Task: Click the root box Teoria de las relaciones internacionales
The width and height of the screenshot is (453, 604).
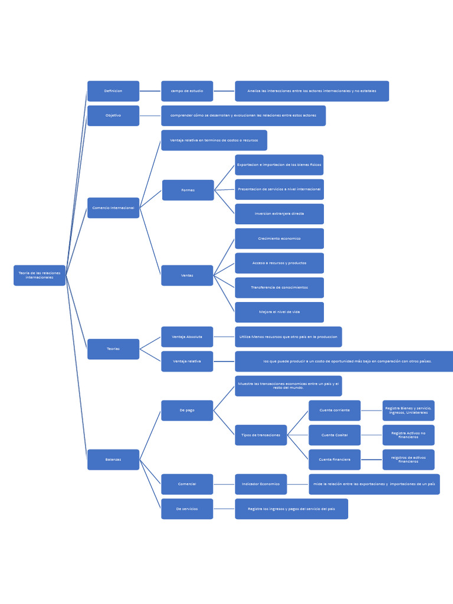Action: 40,275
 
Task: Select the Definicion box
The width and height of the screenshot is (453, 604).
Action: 113,91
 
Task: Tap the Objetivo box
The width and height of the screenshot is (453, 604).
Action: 113,116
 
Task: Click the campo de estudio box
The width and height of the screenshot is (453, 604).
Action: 187,91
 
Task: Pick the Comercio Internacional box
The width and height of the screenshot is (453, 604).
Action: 113,208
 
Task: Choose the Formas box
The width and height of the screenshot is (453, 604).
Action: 188,190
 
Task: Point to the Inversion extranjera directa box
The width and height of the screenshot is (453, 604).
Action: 279,214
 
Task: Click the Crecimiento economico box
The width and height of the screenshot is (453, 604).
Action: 279,238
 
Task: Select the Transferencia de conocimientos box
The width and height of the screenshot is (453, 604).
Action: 279,288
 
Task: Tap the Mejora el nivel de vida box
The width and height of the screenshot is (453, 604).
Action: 279,312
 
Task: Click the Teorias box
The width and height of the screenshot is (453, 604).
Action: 113,349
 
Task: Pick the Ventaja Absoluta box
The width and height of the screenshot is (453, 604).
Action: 187,337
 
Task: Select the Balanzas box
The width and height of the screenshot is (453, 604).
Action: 113,459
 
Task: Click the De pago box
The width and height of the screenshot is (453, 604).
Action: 187,411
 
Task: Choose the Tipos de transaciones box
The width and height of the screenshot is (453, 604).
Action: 261,435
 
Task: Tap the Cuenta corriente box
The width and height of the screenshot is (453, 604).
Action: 334,411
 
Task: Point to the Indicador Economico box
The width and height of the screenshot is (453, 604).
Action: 261,484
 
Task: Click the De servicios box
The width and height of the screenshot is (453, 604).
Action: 187,508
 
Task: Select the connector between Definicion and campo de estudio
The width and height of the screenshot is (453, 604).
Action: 150,91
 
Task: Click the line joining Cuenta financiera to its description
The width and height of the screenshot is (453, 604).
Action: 372,459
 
